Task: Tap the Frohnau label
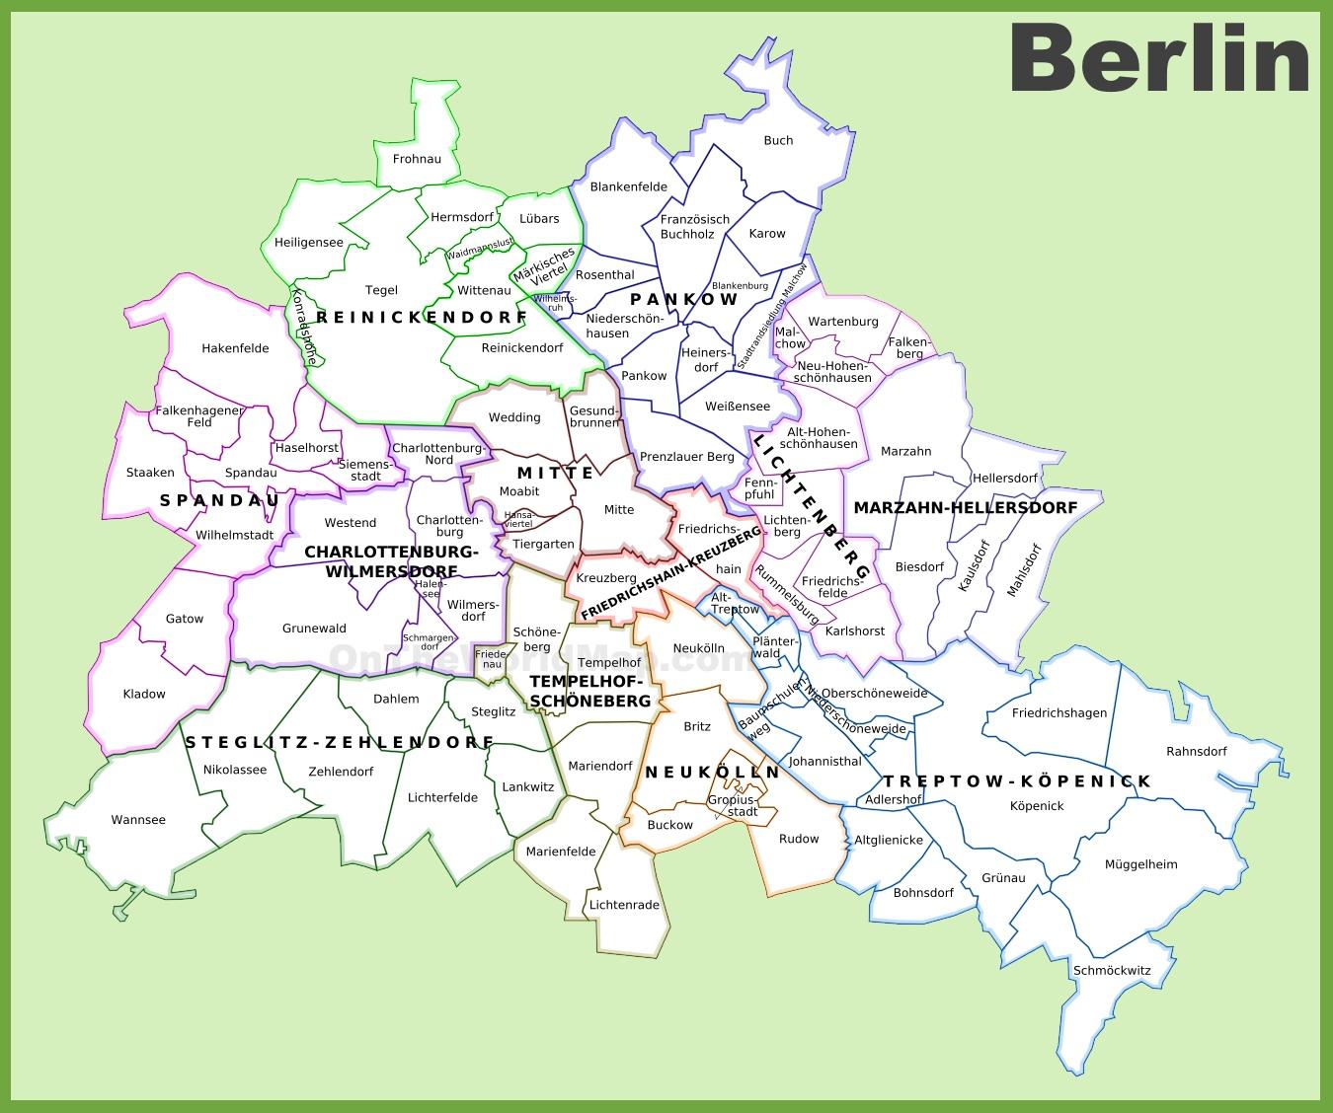[417, 158]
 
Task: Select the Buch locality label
[778, 140]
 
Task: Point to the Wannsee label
[138, 820]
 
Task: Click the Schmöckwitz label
[1112, 970]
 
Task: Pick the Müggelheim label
[1140, 864]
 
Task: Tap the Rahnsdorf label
[1196, 751]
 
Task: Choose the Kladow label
[144, 694]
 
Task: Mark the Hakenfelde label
[235, 348]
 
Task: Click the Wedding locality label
[514, 417]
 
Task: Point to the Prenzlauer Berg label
[687, 457]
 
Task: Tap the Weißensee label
[738, 407]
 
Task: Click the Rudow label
[799, 839]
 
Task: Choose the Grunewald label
[314, 629]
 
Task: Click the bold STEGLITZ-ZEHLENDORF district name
[339, 742]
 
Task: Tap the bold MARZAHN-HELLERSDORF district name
[965, 508]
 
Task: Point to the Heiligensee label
[309, 243]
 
